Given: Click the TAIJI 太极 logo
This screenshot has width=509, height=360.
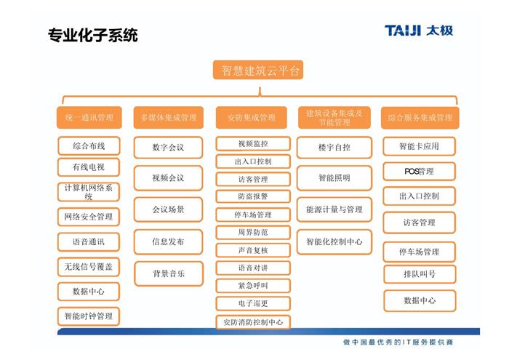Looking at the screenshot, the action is (x=419, y=31).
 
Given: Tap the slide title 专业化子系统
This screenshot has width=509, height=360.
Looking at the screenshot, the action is (x=93, y=35).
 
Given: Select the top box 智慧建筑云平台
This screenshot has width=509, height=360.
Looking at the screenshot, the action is (x=258, y=70).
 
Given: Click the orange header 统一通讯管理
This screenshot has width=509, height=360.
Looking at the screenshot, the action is (x=89, y=118).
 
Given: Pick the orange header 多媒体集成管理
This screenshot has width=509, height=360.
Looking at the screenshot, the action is (x=169, y=118).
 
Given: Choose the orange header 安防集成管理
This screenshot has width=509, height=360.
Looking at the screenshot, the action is (x=252, y=118).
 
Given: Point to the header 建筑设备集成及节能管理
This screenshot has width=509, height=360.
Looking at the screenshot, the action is (x=334, y=118).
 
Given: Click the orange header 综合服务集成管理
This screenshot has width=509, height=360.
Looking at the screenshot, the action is (x=420, y=118).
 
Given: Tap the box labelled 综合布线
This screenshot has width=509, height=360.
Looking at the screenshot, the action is (x=89, y=146).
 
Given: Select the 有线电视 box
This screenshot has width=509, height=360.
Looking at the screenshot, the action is (x=89, y=167).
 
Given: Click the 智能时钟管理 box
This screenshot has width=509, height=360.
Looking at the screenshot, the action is (x=89, y=316).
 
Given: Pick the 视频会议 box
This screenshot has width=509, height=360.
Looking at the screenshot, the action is (x=168, y=178).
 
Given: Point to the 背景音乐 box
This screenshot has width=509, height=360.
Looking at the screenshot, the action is (x=169, y=273).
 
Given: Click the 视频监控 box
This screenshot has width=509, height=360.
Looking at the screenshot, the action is (x=253, y=144).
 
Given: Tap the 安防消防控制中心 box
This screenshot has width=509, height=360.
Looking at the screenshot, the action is (x=253, y=322).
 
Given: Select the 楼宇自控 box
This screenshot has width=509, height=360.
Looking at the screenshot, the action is (x=334, y=148).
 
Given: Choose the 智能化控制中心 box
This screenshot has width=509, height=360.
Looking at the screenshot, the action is (x=334, y=242).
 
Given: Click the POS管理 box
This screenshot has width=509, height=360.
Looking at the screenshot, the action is (x=420, y=171).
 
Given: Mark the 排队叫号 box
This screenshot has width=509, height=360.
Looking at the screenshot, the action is (x=420, y=274).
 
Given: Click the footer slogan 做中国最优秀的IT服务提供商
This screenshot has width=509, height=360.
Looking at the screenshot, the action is (x=398, y=342).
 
